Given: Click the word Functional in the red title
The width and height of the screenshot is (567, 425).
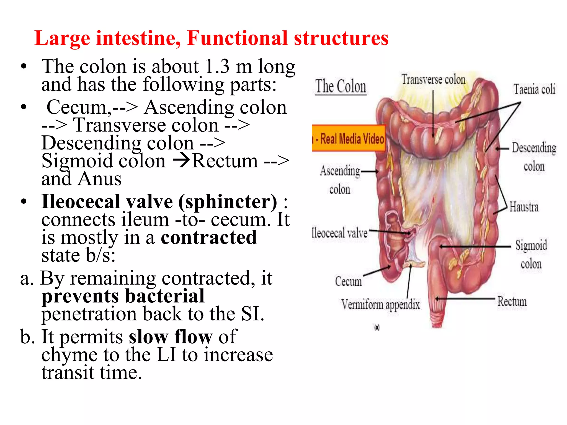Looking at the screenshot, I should coord(238,38).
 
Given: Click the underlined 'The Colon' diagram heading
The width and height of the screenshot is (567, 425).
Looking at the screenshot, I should coord(341,87).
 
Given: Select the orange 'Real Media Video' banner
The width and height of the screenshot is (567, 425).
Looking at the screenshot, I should coord(349,138).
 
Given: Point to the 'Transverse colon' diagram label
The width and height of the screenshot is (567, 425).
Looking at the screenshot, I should coord(433,80).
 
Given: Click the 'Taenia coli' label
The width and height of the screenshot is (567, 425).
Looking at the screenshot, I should coord(534,89).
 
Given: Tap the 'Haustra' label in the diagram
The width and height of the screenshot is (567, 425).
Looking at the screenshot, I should coord(524,207).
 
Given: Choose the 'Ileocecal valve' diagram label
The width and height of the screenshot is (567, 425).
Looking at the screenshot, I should coord(339,233).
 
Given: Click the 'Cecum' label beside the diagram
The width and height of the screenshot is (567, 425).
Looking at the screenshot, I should coord(348,281).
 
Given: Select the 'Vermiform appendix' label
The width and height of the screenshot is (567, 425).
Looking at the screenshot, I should coord(380,305).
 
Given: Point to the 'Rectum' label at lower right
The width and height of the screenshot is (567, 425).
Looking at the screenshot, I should coord(512,301).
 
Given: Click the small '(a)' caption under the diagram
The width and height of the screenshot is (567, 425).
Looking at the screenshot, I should coord(377,328).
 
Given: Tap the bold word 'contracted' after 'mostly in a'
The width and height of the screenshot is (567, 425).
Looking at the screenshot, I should coord(209,238).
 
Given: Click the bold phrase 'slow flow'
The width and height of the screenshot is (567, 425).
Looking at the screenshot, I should coord(171,337).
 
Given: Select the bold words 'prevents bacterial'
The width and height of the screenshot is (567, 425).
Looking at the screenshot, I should coord(123,296).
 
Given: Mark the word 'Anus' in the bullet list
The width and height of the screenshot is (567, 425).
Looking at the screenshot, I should coord(99,179).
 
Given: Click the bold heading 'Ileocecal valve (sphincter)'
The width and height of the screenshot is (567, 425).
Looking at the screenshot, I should coord(159,202).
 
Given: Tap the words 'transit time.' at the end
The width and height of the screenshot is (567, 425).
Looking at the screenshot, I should coord(92,373).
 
